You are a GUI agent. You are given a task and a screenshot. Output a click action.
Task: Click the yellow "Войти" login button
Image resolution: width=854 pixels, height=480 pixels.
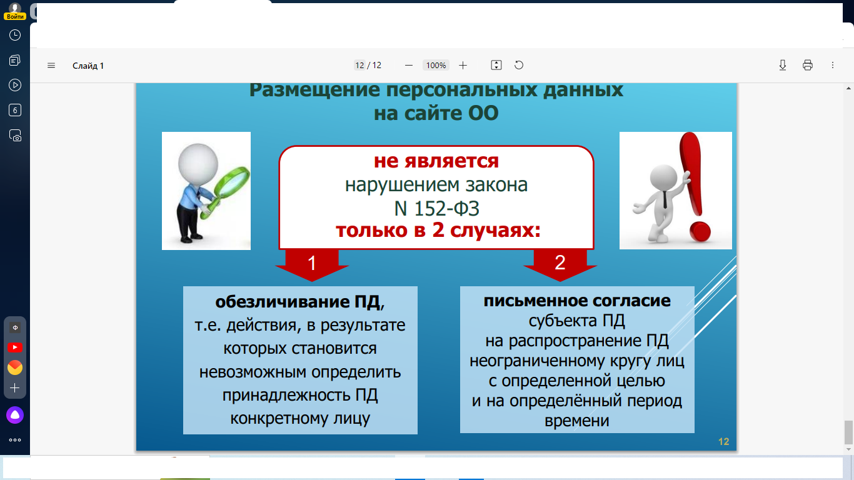click(15, 16)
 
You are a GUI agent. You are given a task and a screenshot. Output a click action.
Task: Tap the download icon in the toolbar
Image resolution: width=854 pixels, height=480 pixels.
click(783, 65)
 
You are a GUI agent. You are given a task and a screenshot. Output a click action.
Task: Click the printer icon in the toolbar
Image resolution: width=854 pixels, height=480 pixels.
click(808, 65)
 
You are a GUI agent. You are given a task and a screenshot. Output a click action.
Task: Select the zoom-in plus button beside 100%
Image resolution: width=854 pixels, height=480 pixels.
click(463, 66)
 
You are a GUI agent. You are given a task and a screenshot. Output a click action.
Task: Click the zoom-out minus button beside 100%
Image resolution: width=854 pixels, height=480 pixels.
click(409, 66)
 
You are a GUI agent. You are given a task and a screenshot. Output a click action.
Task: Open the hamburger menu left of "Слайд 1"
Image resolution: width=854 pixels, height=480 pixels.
click(51, 66)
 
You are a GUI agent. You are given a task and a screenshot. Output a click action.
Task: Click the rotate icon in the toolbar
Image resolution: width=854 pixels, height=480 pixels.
click(519, 65)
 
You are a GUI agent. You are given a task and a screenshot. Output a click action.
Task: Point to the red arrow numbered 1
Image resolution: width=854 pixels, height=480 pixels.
click(312, 264)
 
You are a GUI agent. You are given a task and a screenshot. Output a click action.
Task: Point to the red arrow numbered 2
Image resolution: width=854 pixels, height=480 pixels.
click(560, 264)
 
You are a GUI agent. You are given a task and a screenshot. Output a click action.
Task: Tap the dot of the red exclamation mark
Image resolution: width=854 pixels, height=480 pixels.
click(700, 231)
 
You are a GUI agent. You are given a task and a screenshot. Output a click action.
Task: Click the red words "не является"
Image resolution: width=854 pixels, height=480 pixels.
click(436, 161)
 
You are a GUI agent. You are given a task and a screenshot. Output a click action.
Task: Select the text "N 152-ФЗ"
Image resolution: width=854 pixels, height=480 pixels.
click(436, 209)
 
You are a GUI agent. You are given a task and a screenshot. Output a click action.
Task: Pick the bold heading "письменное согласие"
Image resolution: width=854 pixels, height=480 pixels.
click(577, 301)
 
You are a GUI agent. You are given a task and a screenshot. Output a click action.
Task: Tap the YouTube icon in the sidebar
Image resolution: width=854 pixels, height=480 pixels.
click(15, 347)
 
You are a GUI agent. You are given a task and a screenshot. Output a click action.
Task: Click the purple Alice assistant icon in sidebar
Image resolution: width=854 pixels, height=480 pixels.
click(15, 415)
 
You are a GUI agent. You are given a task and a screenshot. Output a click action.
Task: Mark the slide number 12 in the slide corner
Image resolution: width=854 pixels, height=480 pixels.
click(723, 441)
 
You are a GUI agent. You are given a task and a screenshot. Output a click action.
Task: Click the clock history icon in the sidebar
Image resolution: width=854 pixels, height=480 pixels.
click(15, 35)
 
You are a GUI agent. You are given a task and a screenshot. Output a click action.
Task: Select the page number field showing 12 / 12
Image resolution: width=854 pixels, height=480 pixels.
click(368, 65)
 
